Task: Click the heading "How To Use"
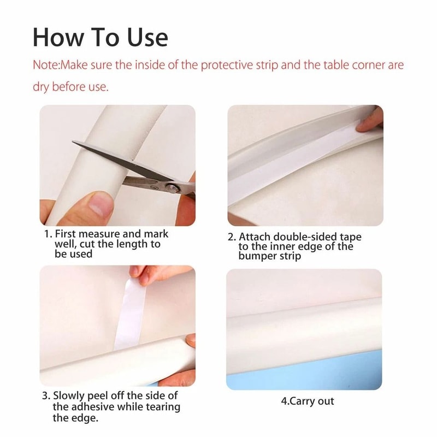[x=101, y=37]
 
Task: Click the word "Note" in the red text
[x=45, y=66]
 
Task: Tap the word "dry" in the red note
[x=43, y=87]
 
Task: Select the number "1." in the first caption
[x=48, y=234]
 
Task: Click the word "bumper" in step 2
[x=257, y=256]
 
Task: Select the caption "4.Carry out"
[x=307, y=401]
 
